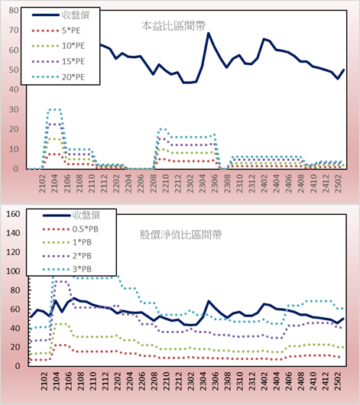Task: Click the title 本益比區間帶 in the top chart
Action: pos(174,26)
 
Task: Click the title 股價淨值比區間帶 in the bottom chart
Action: pos(180,235)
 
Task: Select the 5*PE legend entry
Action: pos(56,31)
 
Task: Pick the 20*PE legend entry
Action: pos(58,77)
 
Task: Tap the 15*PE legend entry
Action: pos(58,61)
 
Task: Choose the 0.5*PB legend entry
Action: pos(70,229)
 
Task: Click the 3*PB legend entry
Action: pos(67,269)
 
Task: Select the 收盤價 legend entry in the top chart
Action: pos(60,15)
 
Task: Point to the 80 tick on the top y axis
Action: pos(14,11)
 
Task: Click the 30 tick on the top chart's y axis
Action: pos(14,109)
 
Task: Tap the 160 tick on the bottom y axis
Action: pos(13,214)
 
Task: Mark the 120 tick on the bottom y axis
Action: pos(13,252)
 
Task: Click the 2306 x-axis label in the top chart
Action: pos(215,183)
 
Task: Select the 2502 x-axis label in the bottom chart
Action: pos(338,381)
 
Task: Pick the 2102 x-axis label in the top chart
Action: pos(42,183)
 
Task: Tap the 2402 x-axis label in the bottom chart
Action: pos(264,381)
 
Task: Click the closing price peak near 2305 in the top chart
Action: pos(209,33)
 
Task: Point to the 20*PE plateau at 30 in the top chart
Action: pos(54,109)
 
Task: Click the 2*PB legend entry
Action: pos(67,256)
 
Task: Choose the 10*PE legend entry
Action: pos(58,46)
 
